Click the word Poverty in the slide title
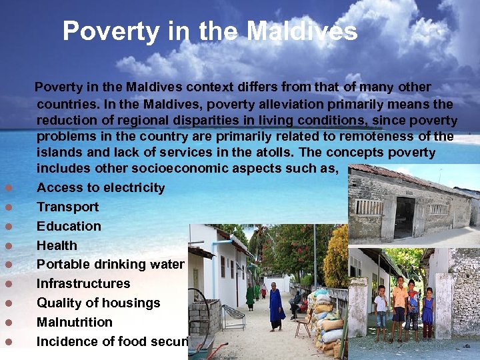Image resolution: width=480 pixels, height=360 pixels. click(110, 31)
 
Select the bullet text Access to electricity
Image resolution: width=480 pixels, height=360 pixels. click(101, 188)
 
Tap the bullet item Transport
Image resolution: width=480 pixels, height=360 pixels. click(67, 207)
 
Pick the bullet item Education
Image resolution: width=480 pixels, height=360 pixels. click(69, 227)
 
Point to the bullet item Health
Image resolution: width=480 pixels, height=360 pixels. click(57, 246)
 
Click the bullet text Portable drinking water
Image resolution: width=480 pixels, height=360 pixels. click(110, 265)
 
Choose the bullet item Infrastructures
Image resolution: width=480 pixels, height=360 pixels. click(83, 284)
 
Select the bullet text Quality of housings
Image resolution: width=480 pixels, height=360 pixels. click(98, 303)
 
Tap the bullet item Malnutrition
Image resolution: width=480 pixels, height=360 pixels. click(75, 323)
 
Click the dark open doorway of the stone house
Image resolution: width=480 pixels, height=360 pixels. click(404, 217)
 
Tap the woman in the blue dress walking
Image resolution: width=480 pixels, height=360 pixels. click(275, 307)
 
